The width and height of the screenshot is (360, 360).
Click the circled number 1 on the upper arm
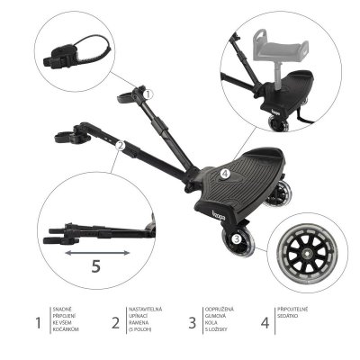149,93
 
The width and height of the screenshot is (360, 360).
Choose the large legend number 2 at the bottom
115,321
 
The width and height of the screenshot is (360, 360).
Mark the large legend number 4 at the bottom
265,321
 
